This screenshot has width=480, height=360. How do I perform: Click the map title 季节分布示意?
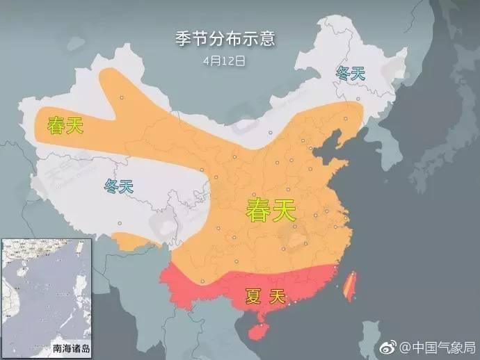click(225, 39)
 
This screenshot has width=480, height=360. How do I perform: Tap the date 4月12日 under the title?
click(225, 60)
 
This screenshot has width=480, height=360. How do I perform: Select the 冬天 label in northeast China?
click(350, 73)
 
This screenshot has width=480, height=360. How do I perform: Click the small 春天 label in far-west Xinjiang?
click(63, 126)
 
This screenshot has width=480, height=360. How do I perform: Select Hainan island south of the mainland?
click(258, 329)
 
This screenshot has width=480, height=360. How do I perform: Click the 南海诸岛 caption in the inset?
click(29, 347)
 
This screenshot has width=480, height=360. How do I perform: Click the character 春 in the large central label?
click(257, 209)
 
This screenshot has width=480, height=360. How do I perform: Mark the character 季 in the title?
click(183, 39)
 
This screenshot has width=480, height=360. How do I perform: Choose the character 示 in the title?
click(250, 39)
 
